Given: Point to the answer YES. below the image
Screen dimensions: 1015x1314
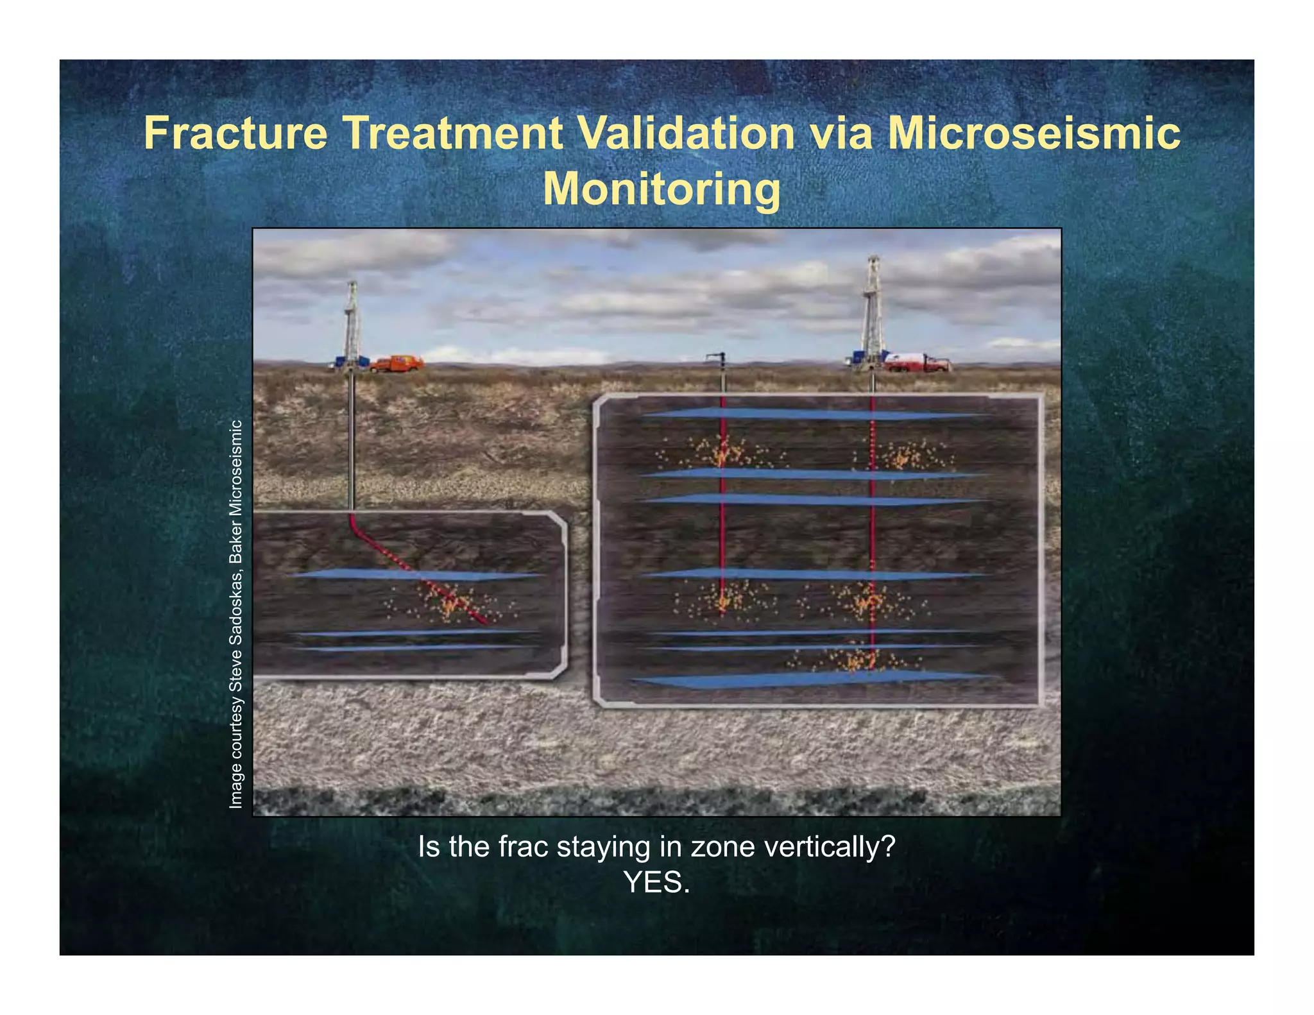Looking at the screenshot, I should [x=656, y=883].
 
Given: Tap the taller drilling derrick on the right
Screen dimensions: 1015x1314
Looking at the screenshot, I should [x=872, y=311].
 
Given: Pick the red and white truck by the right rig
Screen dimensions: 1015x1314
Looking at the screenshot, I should [x=916, y=362].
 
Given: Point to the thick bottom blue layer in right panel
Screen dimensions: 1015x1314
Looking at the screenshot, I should [x=815, y=679].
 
